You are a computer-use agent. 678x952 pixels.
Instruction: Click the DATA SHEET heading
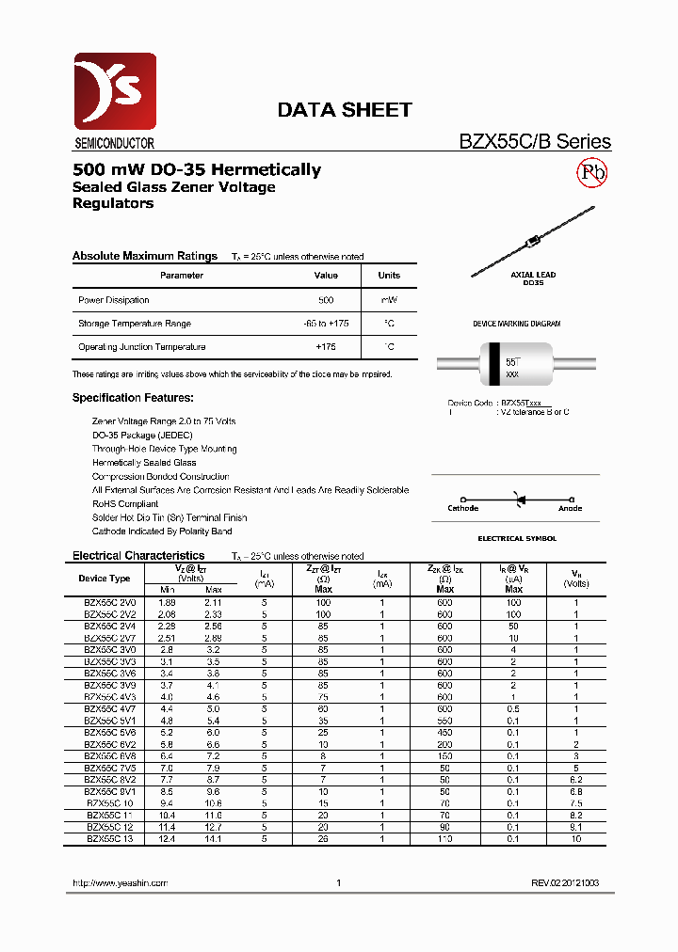pyautogui.click(x=344, y=110)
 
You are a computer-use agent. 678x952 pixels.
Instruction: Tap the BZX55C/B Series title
pyautogui.click(x=534, y=142)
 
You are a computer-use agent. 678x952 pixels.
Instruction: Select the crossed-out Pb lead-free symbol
pyautogui.click(x=592, y=172)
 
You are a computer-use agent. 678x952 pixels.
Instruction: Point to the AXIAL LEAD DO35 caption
pyautogui.click(x=533, y=278)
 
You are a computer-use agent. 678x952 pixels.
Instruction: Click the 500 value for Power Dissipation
pyautogui.click(x=326, y=300)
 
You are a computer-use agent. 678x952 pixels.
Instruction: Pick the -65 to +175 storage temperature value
pyautogui.click(x=326, y=324)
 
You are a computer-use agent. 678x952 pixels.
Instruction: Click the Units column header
pyautogui.click(x=389, y=276)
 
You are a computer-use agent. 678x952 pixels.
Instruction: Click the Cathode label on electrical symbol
pyautogui.click(x=462, y=509)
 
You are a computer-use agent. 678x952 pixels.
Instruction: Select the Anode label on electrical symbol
pyautogui.click(x=570, y=509)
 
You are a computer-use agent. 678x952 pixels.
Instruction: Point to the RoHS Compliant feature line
pyautogui.click(x=125, y=503)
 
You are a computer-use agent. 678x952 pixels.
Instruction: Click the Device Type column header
pyautogui.click(x=105, y=579)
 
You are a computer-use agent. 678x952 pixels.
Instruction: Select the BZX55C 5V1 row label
pyautogui.click(x=110, y=720)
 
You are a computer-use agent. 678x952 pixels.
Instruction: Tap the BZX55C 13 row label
pyautogui.click(x=110, y=838)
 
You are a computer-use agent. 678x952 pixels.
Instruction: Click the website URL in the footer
pyautogui.click(x=120, y=883)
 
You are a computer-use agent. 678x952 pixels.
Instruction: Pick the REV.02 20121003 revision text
pyautogui.click(x=564, y=883)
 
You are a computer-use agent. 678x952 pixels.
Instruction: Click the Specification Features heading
pyautogui.click(x=133, y=398)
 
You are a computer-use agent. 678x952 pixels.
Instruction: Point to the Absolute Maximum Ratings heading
pyautogui.click(x=145, y=256)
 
